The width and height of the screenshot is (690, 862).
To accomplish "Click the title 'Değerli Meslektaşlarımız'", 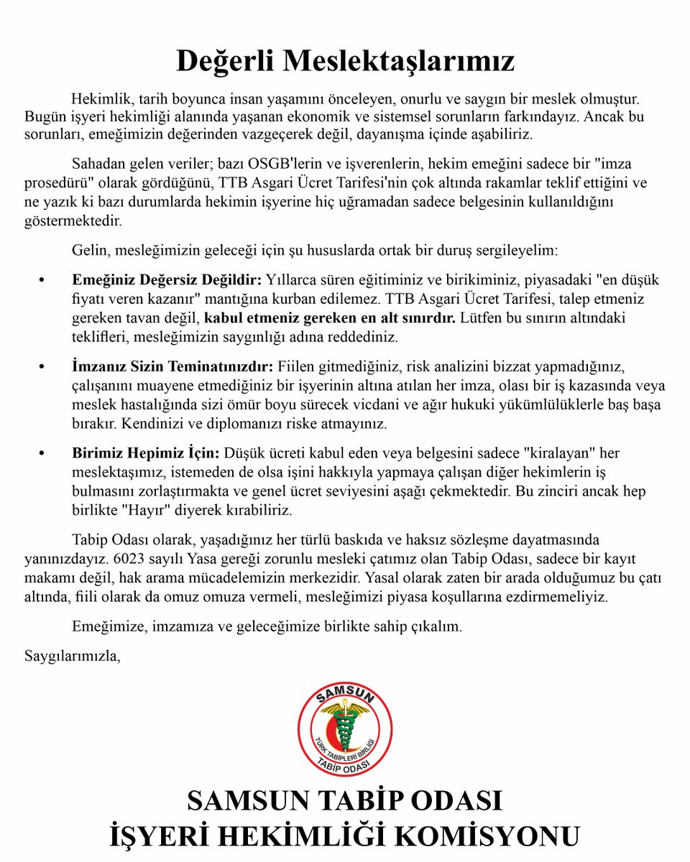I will [x=345, y=61].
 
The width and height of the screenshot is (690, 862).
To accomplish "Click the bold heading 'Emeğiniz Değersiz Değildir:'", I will [x=168, y=278].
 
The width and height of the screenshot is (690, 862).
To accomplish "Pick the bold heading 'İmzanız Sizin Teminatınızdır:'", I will [x=171, y=366].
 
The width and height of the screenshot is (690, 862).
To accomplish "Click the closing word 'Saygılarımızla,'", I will [x=72, y=655].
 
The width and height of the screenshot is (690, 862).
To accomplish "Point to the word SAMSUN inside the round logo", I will [x=345, y=696].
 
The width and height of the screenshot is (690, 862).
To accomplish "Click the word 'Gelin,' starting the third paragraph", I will [x=91, y=251].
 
